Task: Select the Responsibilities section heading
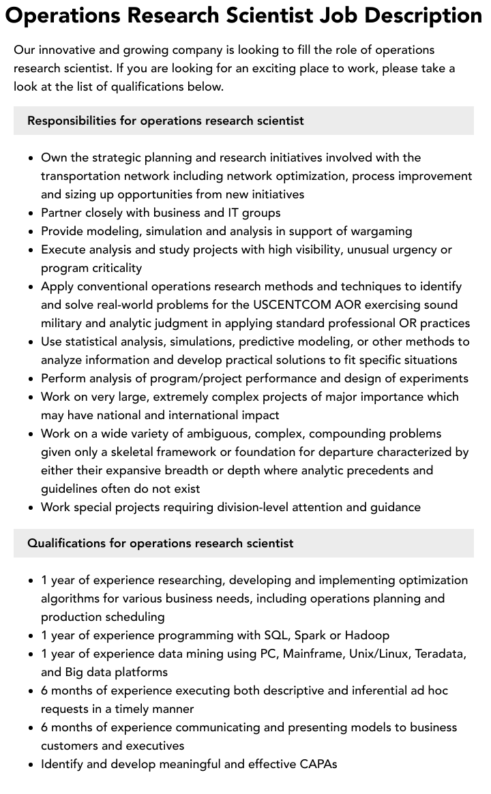166,121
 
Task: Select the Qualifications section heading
160,543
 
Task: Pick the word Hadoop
367,635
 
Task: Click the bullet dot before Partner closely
31,213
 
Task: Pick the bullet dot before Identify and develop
31,765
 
